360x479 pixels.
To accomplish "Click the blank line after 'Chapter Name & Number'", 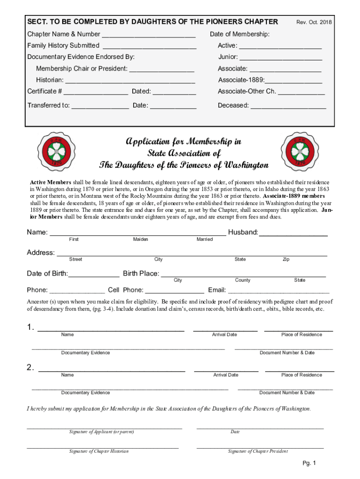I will tap(148, 35).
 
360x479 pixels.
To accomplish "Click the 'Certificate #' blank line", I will tap(96, 92).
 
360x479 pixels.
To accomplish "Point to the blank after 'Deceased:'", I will tap(288, 106).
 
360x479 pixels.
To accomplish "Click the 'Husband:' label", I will tap(243, 232).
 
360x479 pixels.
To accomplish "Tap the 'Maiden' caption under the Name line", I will tap(140, 239).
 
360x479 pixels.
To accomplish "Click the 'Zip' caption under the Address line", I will tap(286, 259).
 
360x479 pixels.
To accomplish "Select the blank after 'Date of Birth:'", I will tap(94, 274).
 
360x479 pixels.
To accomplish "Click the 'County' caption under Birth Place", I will tap(243, 280).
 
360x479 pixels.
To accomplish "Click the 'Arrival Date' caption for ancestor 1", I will tap(224, 334).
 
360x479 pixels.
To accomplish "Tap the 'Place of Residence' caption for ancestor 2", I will tap(302, 375).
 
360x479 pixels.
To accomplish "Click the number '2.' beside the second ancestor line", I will tap(30, 368).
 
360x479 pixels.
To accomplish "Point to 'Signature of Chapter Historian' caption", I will tap(99, 451).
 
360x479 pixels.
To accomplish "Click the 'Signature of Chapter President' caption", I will tap(258, 451).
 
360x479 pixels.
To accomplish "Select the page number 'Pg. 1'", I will tap(310, 464).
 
